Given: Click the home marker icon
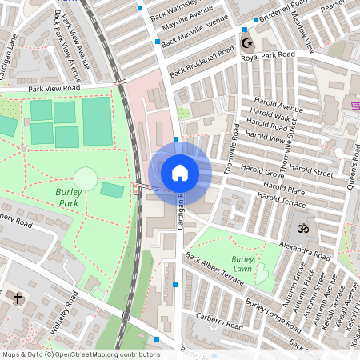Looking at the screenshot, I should click(x=179, y=172).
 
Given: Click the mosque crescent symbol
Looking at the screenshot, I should click(x=245, y=43).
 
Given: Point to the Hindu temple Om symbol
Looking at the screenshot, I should click(x=302, y=229).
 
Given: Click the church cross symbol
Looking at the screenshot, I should click(x=18, y=298).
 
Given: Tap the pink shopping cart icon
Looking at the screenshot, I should click(x=355, y=106).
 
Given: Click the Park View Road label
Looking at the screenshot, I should click(x=54, y=89).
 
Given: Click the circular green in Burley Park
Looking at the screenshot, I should click(x=86, y=178).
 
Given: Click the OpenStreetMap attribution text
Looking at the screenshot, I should click(x=80, y=354).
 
